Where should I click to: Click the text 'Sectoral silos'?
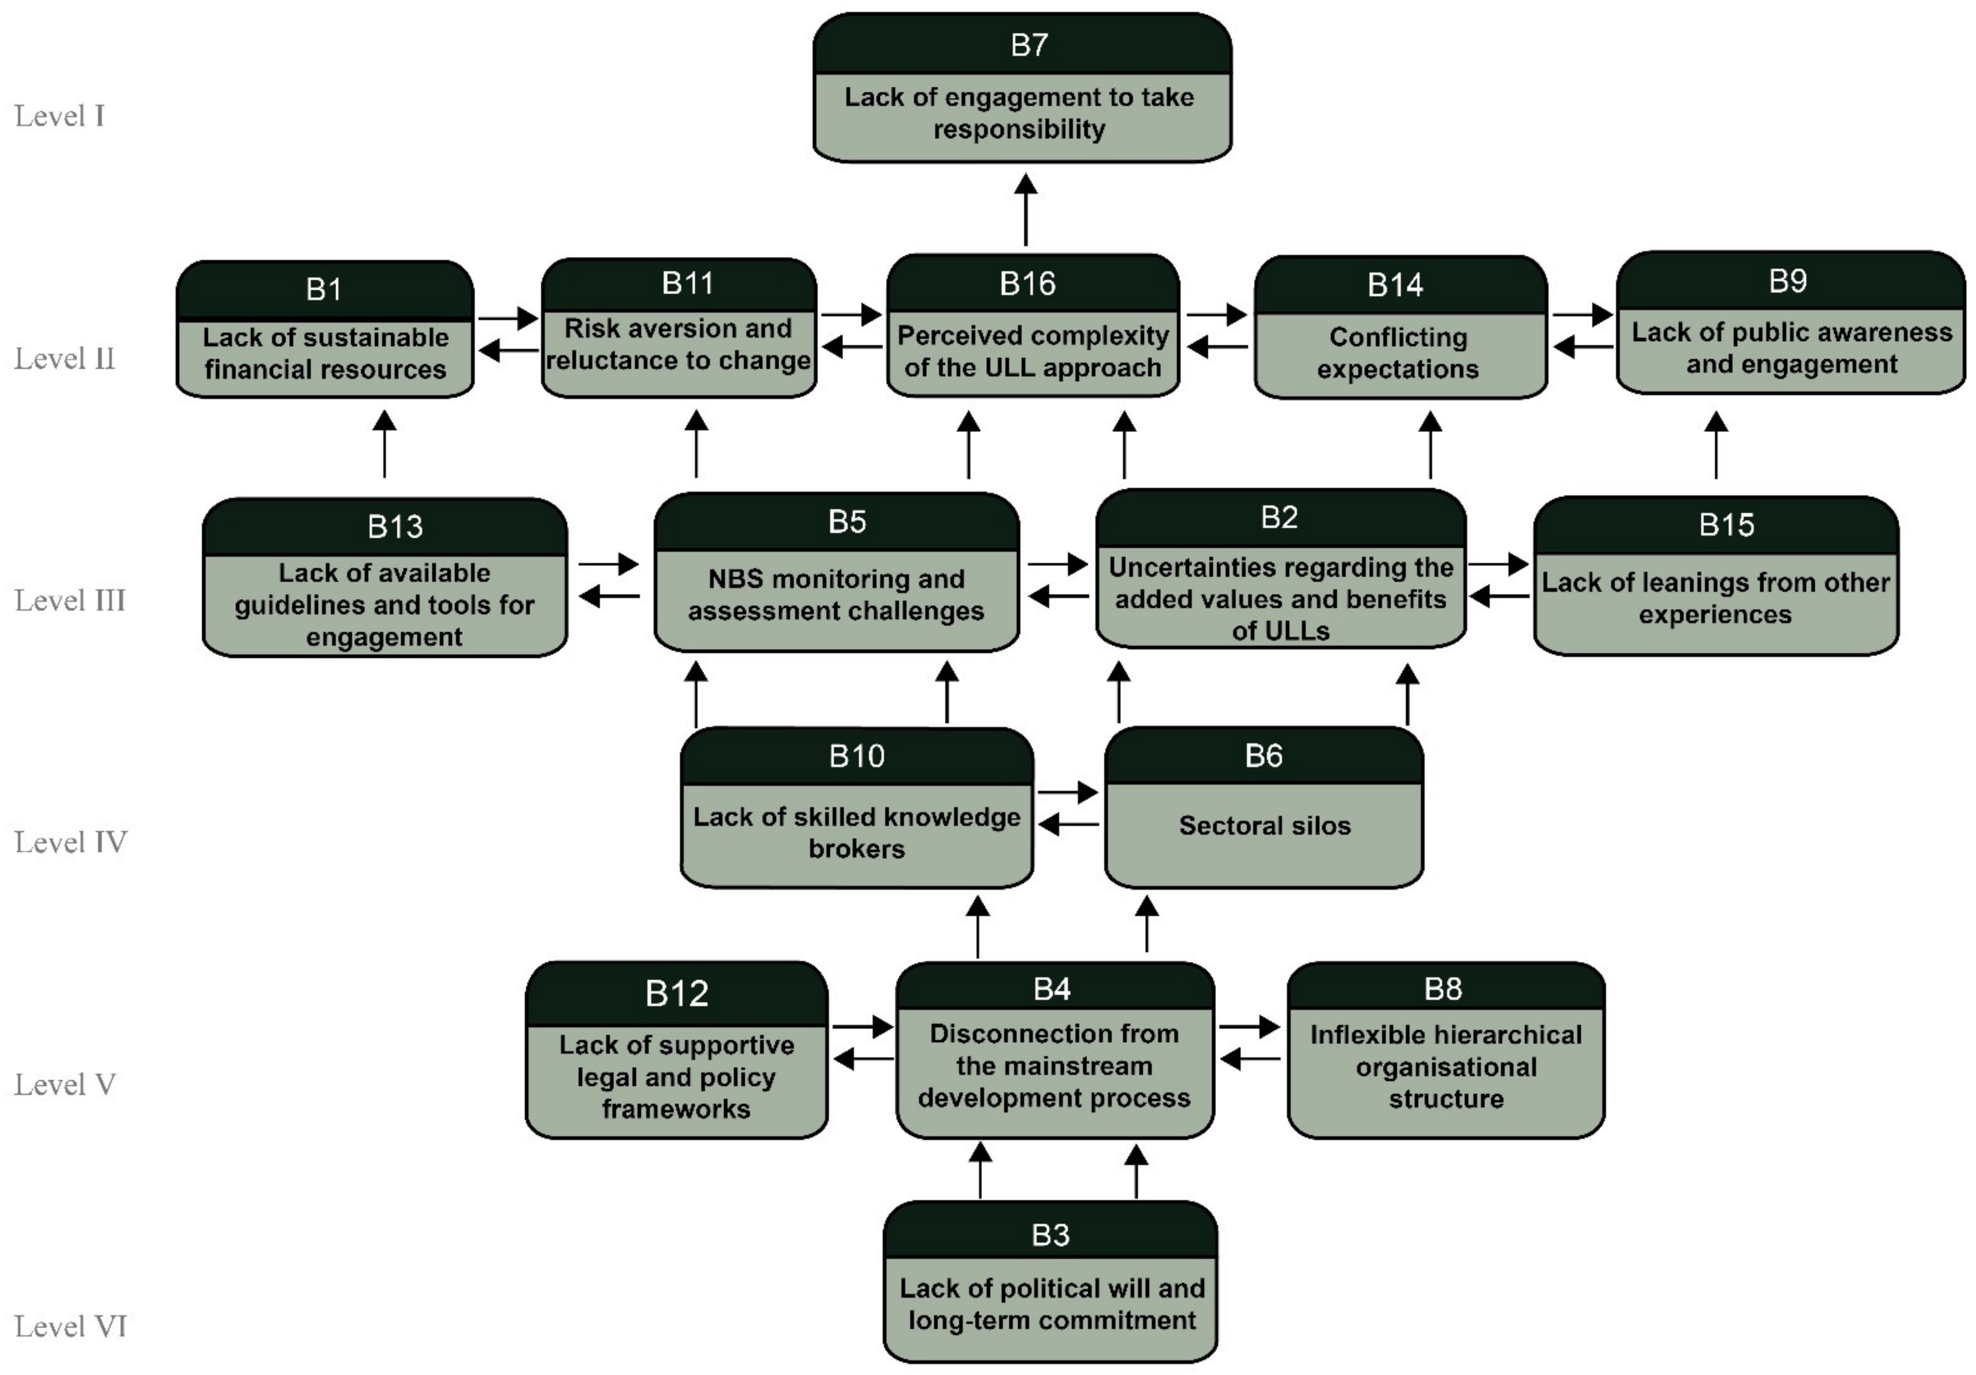pyautogui.click(x=1264, y=826)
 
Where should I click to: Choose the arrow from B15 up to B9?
pyautogui.click(x=1716, y=445)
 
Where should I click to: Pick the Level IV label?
pyautogui.click(x=71, y=842)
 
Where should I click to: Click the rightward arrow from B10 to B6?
pyautogui.click(x=1067, y=792)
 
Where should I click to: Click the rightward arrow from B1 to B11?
pyautogui.click(x=508, y=319)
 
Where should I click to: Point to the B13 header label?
pyautogui.click(x=395, y=526)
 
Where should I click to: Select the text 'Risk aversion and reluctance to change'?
pyautogui.click(x=678, y=344)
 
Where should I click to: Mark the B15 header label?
pyautogui.click(x=1726, y=524)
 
